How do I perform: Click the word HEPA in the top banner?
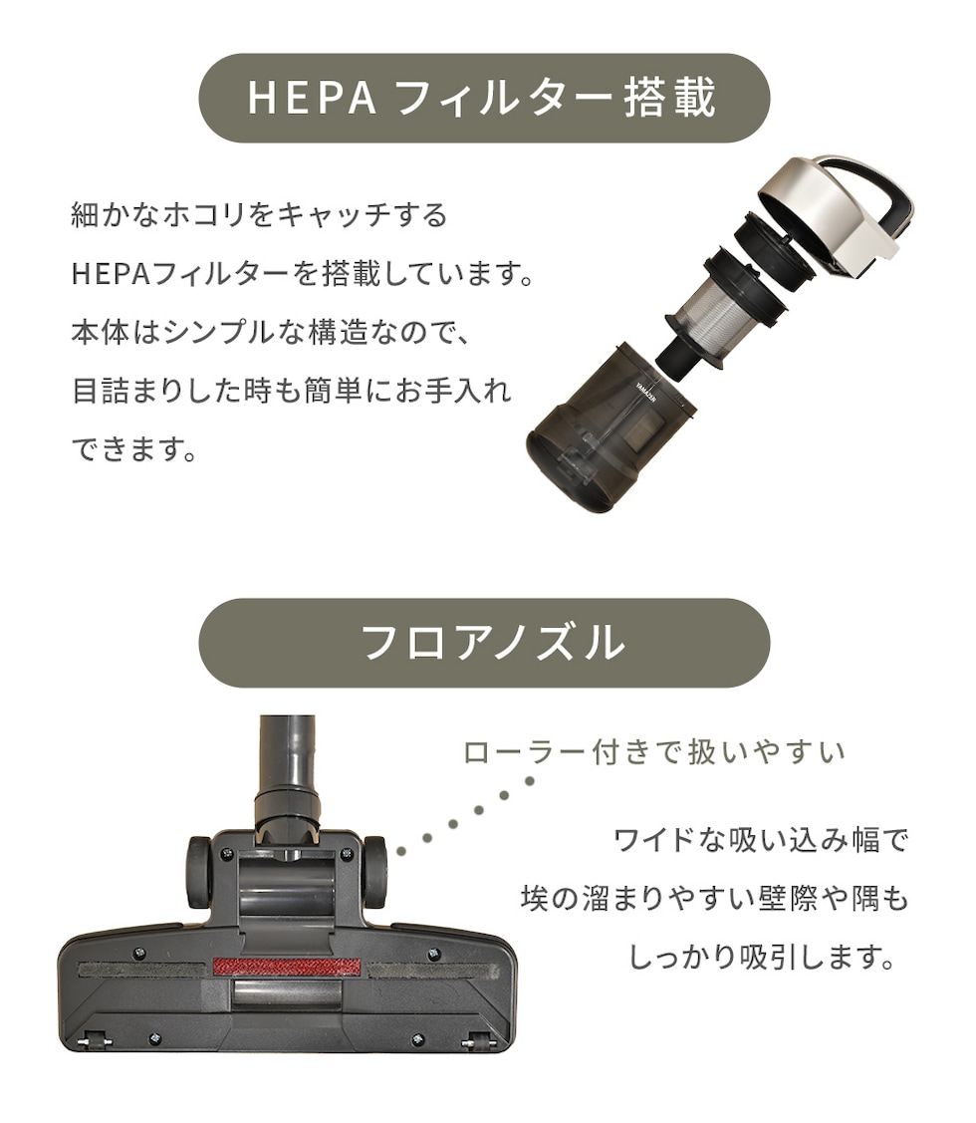(x=312, y=98)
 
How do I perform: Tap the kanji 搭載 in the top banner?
(x=669, y=98)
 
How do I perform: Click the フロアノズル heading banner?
(x=484, y=643)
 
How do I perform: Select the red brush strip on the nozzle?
(x=287, y=967)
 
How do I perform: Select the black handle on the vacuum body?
(x=873, y=187)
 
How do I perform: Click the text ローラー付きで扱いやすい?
(x=654, y=752)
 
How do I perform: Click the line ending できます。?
(x=133, y=449)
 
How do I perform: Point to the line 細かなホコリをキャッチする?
(x=259, y=215)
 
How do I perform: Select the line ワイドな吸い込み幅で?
(x=761, y=839)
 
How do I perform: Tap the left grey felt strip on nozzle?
(x=144, y=970)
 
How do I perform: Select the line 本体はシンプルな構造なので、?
(x=270, y=333)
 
